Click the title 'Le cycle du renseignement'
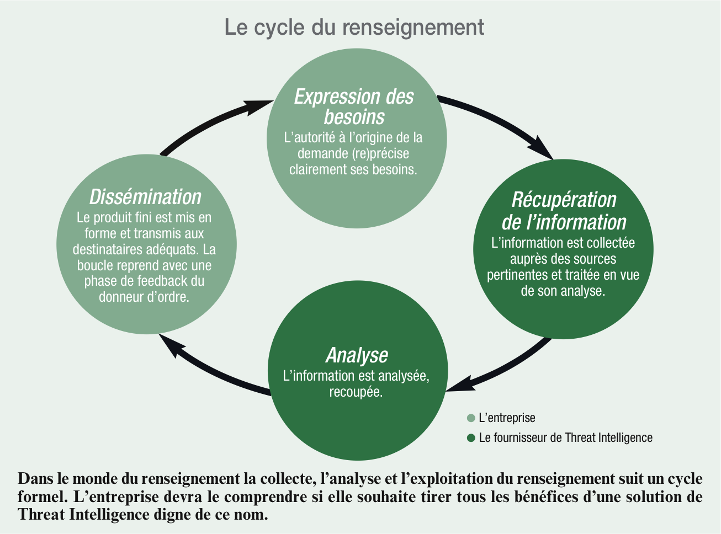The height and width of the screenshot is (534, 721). [x=354, y=27]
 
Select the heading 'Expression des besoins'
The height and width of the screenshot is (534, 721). [x=354, y=106]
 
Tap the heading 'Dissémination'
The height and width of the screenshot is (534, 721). [x=146, y=197]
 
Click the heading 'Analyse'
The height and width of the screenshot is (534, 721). [x=357, y=355]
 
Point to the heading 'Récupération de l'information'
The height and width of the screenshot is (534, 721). [x=564, y=211]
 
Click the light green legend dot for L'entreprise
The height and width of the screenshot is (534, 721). [x=471, y=418]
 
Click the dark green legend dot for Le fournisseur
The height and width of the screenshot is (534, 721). [x=471, y=438]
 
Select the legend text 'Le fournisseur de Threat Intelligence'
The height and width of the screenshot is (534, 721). [x=566, y=438]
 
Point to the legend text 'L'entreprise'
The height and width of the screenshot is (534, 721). [x=507, y=418]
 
